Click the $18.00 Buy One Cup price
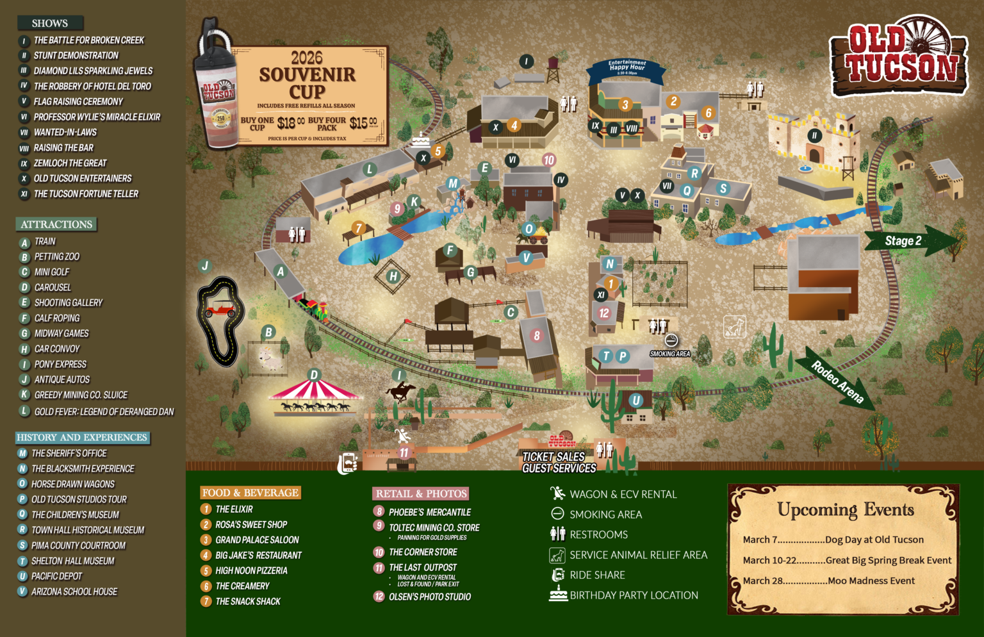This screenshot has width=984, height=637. point(290,122)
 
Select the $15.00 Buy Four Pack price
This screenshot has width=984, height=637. point(363,122)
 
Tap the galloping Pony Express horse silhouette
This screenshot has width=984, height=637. point(400,390)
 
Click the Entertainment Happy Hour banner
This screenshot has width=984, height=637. point(627,67)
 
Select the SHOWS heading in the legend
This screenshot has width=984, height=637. point(50,23)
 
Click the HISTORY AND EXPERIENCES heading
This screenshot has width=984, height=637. point(82,438)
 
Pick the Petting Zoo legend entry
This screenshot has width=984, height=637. point(57,257)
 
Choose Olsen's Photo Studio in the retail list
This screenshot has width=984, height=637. point(429,597)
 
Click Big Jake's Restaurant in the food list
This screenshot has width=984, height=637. point(258,556)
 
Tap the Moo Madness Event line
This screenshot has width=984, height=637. point(829,581)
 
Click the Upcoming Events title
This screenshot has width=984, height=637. point(845,510)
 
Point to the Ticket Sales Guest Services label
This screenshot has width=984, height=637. point(558,462)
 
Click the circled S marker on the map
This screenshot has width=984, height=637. point(723,188)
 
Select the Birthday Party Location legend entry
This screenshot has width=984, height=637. point(634,595)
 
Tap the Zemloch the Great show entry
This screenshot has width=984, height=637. point(70,163)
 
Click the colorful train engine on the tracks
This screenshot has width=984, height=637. point(314,309)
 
